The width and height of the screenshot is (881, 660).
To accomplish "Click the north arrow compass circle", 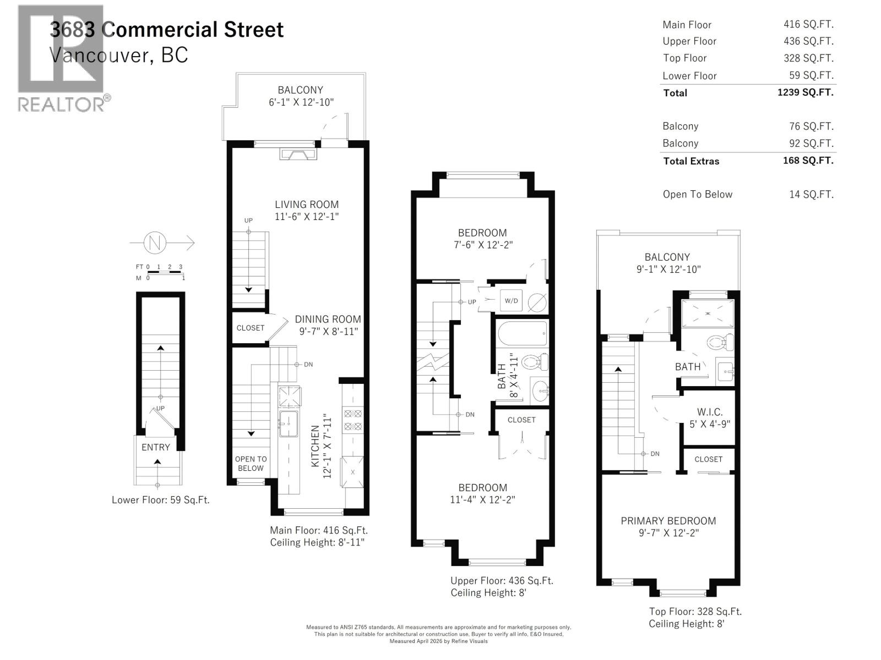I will (155, 243).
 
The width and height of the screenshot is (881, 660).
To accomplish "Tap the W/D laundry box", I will (511, 301).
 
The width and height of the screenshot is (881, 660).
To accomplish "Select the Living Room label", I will (307, 204).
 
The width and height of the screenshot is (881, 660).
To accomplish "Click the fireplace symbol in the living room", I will (298, 154).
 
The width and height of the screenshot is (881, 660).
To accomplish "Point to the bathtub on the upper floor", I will (522, 333).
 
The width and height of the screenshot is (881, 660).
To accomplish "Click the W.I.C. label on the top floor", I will (710, 412).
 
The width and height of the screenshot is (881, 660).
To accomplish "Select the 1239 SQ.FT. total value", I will (805, 92).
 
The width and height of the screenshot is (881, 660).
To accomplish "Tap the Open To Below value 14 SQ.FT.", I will (811, 194).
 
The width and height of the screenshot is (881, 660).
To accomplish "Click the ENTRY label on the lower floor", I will (156, 447).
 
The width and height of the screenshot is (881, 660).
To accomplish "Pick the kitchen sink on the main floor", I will (288, 424).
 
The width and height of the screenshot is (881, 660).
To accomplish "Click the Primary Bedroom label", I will (668, 521).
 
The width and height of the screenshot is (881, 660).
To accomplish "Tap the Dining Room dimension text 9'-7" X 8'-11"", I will (328, 331).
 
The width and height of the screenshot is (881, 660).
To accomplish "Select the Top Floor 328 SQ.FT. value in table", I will (808, 58).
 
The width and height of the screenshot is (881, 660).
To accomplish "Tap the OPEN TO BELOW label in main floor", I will (251, 464).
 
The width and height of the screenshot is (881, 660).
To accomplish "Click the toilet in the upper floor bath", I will (535, 362).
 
